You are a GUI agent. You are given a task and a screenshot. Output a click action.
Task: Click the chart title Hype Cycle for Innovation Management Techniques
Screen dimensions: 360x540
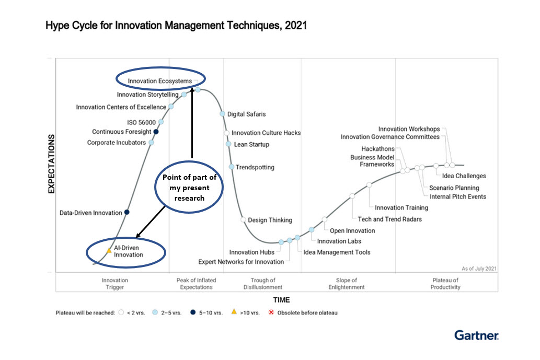(x=176, y=25)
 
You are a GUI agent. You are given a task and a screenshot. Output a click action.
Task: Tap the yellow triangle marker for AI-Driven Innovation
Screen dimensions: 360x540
(x=109, y=251)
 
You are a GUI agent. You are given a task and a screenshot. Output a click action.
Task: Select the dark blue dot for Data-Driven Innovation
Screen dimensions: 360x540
(x=127, y=212)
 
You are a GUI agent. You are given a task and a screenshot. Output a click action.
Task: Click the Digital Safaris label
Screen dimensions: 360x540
(x=246, y=114)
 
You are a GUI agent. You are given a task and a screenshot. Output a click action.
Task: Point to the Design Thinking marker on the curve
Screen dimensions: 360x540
(x=243, y=219)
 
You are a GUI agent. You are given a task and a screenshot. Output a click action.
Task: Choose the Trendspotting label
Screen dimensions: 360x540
(x=255, y=167)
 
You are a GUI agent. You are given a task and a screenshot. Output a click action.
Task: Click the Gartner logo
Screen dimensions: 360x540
(x=476, y=335)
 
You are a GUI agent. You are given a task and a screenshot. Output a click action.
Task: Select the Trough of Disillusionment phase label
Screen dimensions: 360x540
(x=263, y=284)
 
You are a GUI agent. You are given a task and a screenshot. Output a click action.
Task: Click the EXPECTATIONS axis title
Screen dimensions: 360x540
(x=52, y=164)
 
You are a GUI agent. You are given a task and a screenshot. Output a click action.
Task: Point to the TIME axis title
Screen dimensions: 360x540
(x=281, y=300)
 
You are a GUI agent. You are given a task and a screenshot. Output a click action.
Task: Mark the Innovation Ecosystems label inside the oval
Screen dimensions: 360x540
(x=160, y=81)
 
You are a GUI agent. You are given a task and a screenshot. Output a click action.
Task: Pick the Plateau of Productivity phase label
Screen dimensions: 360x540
(x=445, y=284)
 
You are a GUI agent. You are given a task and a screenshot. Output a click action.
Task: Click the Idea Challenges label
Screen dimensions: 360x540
(x=464, y=176)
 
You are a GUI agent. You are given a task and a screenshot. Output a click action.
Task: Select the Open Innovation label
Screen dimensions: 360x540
(x=352, y=230)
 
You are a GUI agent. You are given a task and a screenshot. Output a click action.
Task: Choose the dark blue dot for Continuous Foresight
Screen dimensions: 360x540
(x=156, y=132)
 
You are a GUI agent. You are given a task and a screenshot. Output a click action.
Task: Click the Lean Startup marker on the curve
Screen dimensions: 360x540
(x=228, y=144)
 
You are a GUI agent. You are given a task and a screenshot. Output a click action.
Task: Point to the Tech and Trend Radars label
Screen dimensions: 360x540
(x=389, y=219)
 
